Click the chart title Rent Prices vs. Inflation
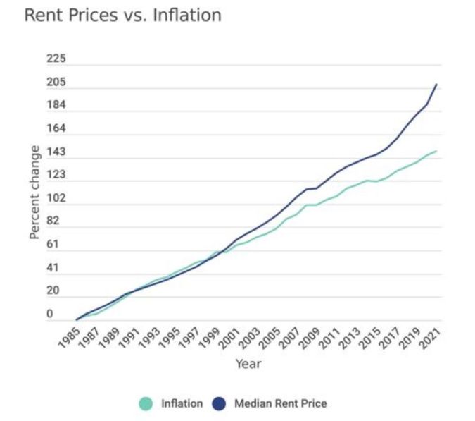122,15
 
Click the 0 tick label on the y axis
50,315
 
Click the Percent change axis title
34,192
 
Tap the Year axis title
248,364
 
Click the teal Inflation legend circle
146,403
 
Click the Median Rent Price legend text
280,404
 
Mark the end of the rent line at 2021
436,85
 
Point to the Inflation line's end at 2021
436,151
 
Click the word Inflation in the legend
181,404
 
